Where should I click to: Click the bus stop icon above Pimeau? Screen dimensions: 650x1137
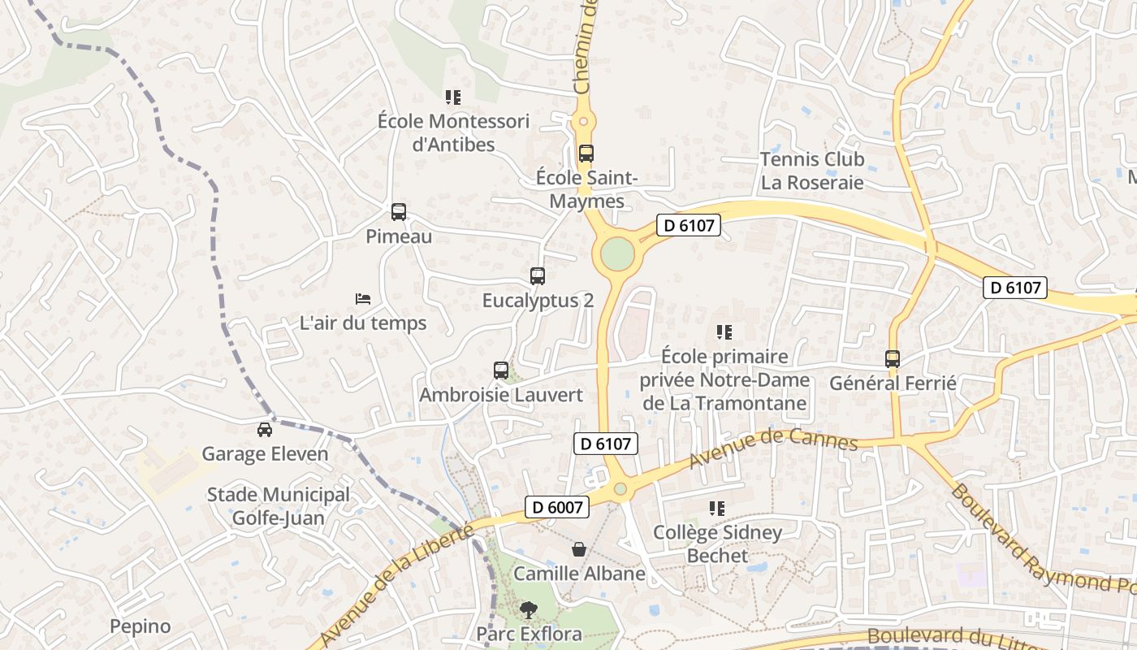398,212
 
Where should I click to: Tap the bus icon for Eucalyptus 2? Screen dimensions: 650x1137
537,276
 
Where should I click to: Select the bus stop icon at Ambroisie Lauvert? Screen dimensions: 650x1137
501,370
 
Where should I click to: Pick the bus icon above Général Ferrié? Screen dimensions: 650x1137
893,358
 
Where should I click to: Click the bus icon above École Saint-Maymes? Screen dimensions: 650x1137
586,153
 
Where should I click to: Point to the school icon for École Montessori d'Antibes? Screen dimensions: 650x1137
453,97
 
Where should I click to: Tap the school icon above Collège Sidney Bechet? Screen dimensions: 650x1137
716,509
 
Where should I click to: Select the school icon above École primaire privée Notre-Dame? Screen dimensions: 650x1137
724,331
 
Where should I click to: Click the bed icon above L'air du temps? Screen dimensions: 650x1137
363,299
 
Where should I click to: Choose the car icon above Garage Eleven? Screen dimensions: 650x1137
265,429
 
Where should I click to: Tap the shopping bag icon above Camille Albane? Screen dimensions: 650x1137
578,549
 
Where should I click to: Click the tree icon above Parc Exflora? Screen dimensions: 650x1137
529,609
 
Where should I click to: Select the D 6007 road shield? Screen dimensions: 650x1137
556,507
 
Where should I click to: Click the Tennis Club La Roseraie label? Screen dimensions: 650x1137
812,171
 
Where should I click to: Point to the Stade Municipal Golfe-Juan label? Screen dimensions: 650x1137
279,506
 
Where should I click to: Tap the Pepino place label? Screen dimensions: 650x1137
141,626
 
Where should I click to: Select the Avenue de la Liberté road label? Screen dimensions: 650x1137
397,587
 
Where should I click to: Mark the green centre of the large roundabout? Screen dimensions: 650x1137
617,254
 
